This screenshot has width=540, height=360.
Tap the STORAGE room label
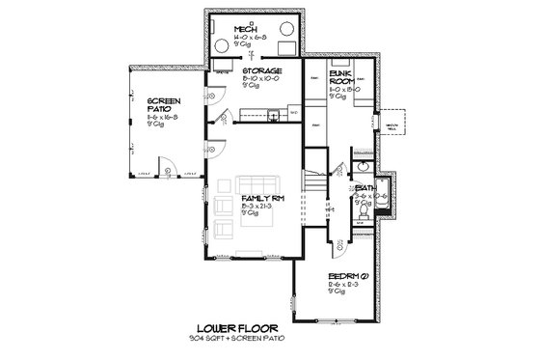pos(262,71)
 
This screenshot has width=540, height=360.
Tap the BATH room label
pos(365,187)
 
